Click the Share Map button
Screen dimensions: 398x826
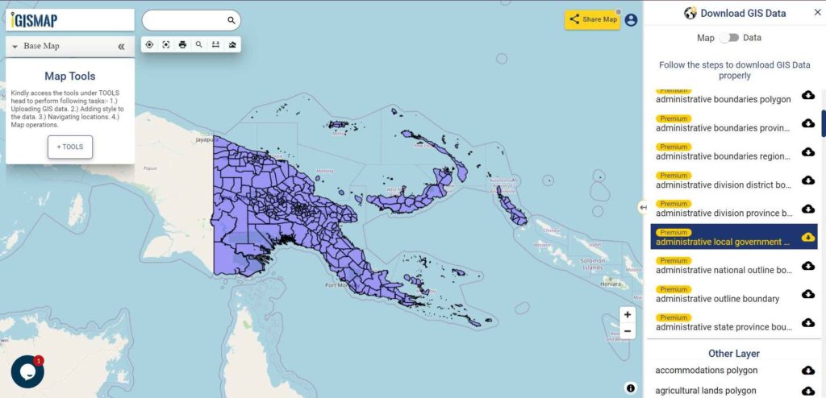(593, 19)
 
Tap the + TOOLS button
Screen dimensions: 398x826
(70, 147)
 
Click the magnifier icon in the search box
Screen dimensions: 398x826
(231, 20)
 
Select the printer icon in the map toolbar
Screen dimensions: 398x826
(182, 44)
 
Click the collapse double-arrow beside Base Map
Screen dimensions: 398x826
(121, 46)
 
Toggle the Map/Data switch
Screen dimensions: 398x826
(729, 38)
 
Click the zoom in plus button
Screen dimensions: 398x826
(628, 315)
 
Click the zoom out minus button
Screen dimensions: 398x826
(628, 331)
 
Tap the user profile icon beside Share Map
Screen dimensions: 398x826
(631, 20)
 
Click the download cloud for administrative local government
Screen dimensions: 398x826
(807, 237)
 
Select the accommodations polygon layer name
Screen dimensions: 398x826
(706, 371)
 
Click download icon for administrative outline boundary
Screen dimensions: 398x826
(807, 294)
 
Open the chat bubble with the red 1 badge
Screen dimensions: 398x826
(27, 371)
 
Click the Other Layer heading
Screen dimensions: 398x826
(733, 354)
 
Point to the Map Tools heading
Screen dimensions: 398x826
(70, 77)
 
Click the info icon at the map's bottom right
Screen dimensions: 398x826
(630, 388)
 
